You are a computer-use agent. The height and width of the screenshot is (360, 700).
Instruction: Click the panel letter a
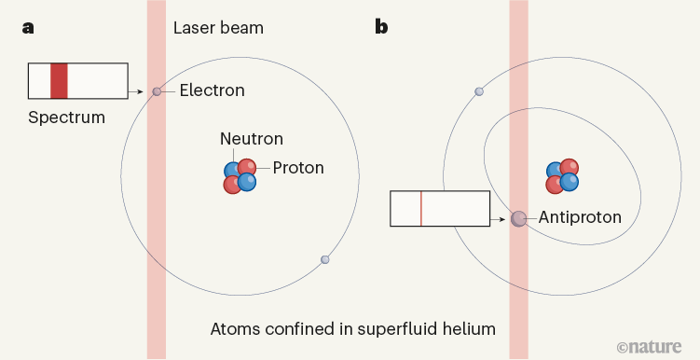[29, 27]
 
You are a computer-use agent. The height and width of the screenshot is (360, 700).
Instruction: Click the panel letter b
[381, 27]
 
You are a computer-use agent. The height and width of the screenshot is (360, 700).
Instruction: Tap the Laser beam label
[218, 28]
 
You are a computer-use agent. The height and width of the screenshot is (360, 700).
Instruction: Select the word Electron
[213, 90]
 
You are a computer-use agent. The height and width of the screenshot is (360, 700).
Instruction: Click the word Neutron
[252, 139]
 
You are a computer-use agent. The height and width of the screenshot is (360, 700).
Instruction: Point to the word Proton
[299, 168]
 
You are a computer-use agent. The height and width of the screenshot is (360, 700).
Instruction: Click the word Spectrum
[66, 118]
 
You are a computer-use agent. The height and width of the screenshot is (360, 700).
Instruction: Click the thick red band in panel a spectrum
[59, 80]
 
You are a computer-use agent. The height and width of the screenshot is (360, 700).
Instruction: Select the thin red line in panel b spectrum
[421, 208]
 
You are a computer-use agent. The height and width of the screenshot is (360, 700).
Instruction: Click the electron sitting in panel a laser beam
[157, 91]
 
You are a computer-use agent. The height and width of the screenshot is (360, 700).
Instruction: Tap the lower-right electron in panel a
[324, 259]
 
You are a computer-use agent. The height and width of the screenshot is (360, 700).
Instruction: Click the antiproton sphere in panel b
[519, 218]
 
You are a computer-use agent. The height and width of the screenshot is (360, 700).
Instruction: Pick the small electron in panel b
[479, 91]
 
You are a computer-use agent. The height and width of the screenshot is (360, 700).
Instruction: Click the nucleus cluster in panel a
[240, 175]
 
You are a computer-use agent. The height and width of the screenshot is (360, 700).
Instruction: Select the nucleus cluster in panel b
[562, 175]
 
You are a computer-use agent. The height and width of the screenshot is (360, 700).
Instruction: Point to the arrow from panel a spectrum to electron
[139, 91]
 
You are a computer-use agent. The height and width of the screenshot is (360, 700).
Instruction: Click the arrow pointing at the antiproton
[501, 217]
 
